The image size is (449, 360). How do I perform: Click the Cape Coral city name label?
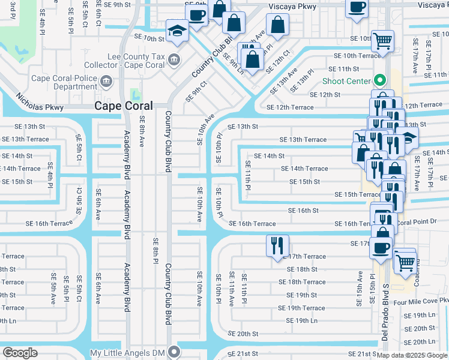click(124, 106)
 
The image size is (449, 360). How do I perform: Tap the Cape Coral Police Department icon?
click(106, 81)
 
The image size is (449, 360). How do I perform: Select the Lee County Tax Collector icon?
click(174, 59)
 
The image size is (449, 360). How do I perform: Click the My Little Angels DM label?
click(128, 353)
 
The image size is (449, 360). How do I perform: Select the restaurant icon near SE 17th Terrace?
click(277, 245)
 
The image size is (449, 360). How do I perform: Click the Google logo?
click(20, 353)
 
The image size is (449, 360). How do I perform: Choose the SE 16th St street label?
click(303, 211)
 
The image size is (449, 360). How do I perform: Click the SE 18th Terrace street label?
click(306, 282)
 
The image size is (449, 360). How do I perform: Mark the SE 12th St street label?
click(325, 95)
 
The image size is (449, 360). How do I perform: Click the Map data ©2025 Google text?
click(412, 355)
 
